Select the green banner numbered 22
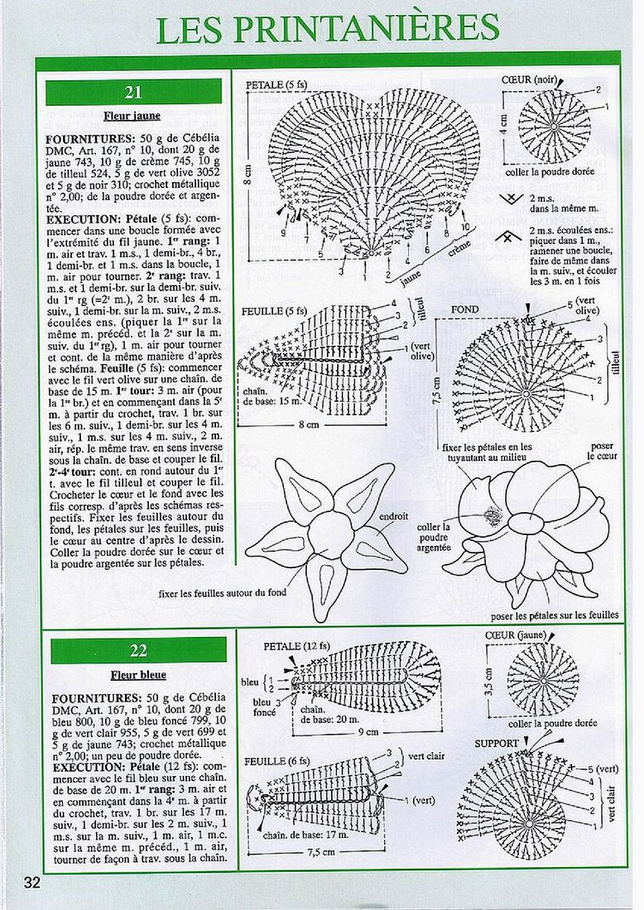click(133, 650)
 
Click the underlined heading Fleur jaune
click(132, 116)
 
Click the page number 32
click(32, 882)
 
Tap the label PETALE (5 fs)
click(276, 84)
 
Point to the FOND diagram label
click(464, 309)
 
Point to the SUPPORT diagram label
click(497, 743)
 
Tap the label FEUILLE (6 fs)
click(277, 760)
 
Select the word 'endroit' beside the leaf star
click(393, 516)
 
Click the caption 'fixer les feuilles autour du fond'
click(228, 592)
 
